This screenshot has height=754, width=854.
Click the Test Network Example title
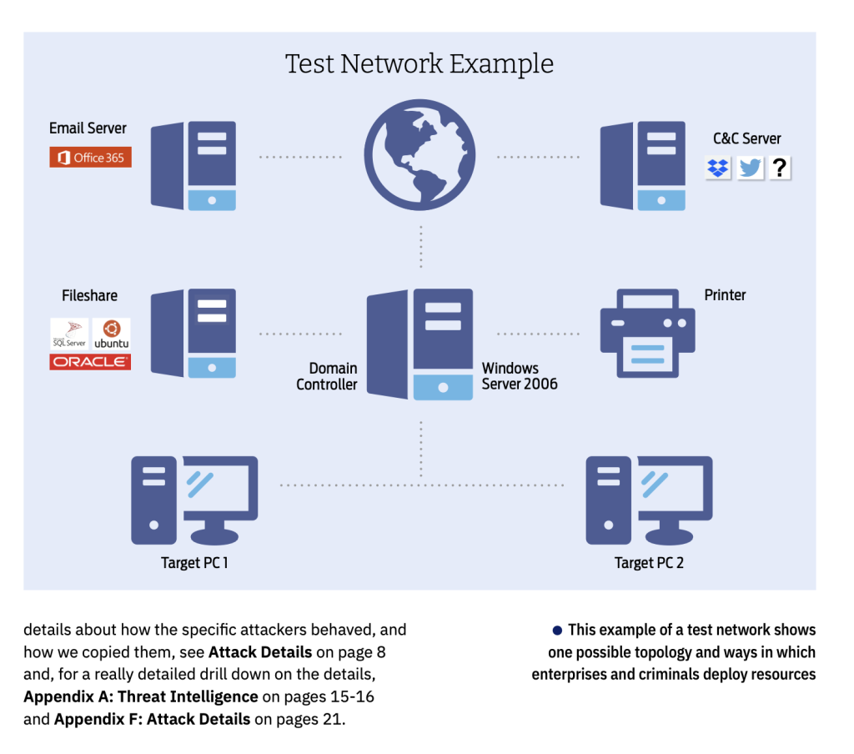click(x=419, y=63)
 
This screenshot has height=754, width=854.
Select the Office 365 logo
click(x=90, y=158)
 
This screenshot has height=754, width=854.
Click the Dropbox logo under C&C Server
click(x=718, y=168)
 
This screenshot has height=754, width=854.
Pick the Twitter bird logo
click(x=750, y=168)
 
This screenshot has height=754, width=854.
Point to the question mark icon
click(x=780, y=168)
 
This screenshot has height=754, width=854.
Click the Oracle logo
click(x=90, y=362)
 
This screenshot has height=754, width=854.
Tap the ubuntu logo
click(x=111, y=334)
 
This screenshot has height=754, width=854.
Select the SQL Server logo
click(x=69, y=334)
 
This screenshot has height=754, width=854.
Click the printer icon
click(x=647, y=333)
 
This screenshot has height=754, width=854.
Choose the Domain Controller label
click(x=327, y=376)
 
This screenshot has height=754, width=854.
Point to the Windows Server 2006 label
click(x=520, y=376)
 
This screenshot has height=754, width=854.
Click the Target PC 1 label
click(x=194, y=563)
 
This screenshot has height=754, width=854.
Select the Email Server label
click(x=88, y=128)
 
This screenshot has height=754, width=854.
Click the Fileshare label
click(x=89, y=295)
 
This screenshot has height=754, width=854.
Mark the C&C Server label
click(x=747, y=138)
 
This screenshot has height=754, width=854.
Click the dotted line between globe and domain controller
click(x=420, y=246)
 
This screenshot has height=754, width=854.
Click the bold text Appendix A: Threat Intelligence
click(x=141, y=696)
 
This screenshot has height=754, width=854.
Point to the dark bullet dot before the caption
click(x=557, y=630)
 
